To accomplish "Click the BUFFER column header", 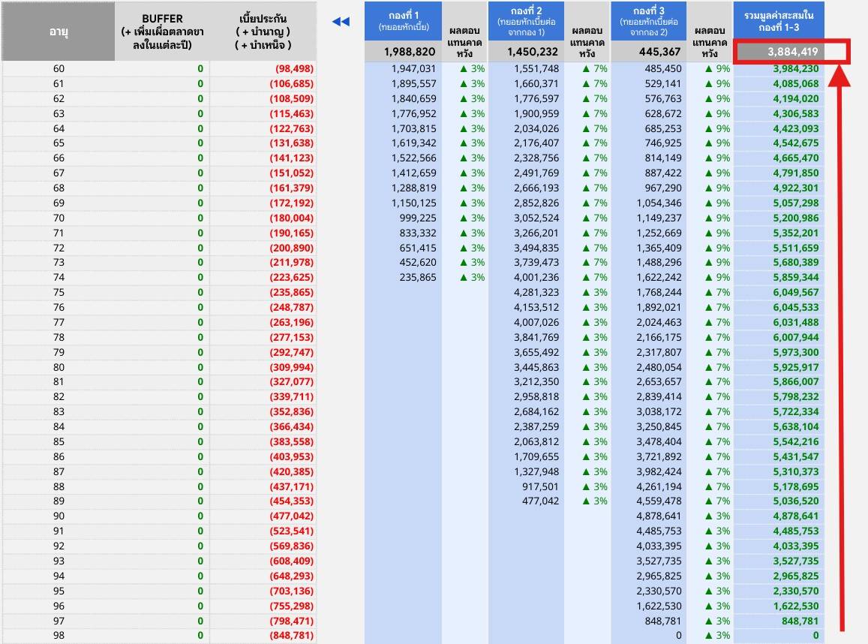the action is (162, 32).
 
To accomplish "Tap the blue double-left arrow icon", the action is (341, 22).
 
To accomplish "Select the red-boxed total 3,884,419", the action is (792, 52).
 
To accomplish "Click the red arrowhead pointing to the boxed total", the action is (839, 75).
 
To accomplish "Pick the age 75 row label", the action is (59, 293).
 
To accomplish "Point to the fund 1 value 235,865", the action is (418, 278).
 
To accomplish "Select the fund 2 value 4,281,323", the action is (536, 293).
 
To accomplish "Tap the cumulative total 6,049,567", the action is (796, 293).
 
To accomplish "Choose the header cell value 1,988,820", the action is (410, 52).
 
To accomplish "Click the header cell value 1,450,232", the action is (533, 52).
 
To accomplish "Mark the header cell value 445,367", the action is (660, 52).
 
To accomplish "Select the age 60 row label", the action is (59, 68).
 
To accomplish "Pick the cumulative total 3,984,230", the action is (796, 68).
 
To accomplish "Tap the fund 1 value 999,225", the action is (418, 218).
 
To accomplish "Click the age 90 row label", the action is (59, 516).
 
